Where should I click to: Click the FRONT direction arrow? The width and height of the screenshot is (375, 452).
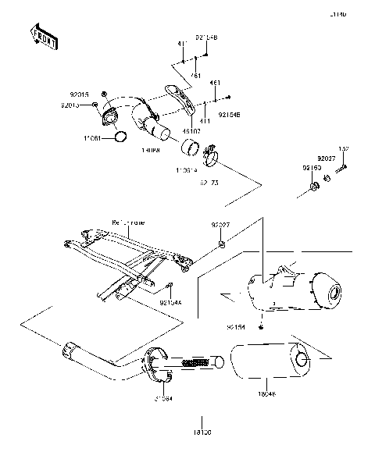(42, 37)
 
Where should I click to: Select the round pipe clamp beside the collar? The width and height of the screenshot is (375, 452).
(210, 162)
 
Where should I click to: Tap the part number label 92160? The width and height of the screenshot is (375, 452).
(312, 167)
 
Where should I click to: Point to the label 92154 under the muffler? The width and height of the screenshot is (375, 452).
(258, 328)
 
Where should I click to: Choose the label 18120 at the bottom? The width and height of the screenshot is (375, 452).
(202, 430)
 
